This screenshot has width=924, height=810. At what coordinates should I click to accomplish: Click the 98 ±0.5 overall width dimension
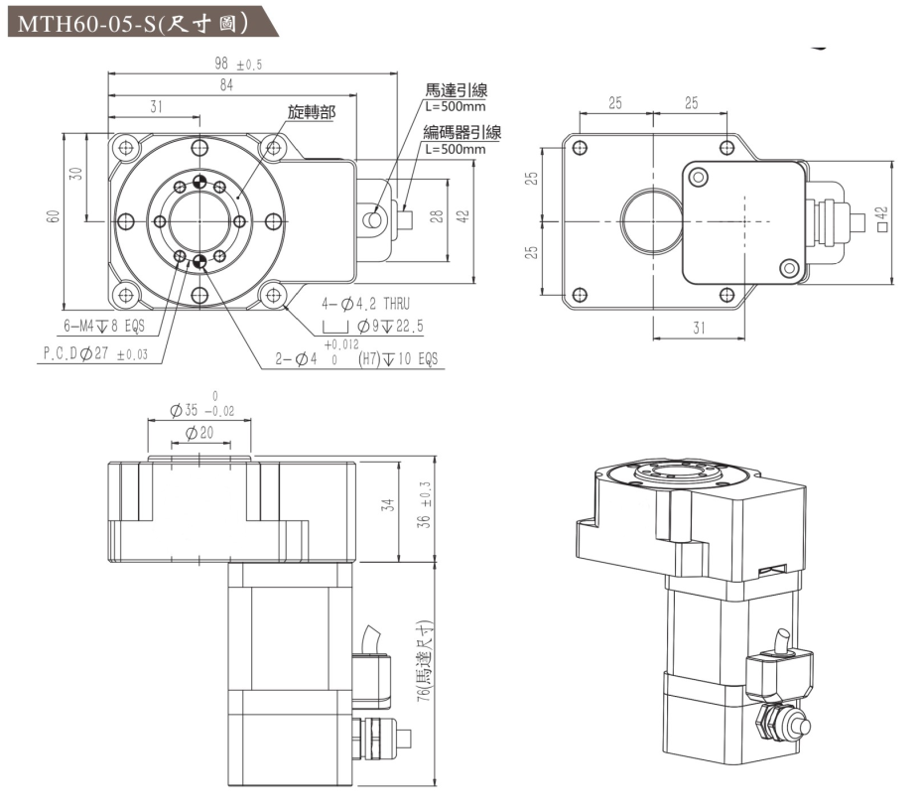click(237, 65)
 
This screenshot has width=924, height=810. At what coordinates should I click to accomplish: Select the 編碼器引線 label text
click(462, 134)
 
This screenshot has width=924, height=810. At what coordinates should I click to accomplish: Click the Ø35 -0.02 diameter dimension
click(204, 408)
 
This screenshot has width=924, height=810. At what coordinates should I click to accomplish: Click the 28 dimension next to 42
click(436, 217)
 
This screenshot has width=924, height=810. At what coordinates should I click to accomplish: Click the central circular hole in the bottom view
click(649, 217)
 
